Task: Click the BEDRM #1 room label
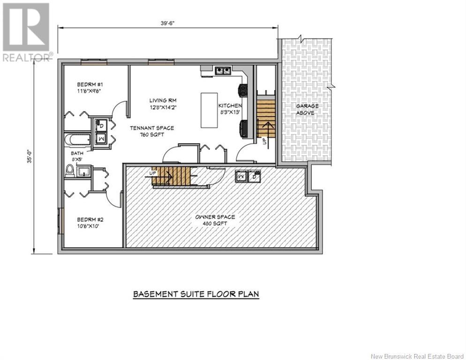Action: click(x=89, y=87)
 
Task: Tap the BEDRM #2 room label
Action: click(x=90, y=223)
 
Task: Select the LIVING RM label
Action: click(x=163, y=104)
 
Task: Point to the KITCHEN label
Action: click(x=230, y=109)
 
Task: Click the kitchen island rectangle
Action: click(x=209, y=110)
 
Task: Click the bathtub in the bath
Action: click(x=77, y=139)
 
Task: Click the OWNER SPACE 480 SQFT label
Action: click(x=215, y=220)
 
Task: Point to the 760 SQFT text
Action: click(x=152, y=135)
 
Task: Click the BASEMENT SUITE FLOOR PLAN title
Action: click(x=196, y=294)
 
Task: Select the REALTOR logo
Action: click(x=27, y=32)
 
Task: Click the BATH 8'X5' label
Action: click(x=77, y=157)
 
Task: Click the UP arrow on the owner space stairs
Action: click(x=159, y=176)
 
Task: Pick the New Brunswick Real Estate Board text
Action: click(x=417, y=356)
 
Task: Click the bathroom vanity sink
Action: click(x=82, y=172)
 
